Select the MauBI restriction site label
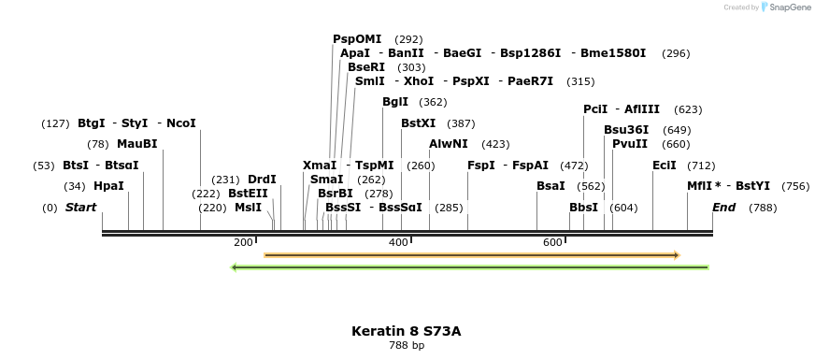click(137, 144)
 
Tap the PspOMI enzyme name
click(357, 39)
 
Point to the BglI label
click(395, 102)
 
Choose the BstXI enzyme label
click(418, 123)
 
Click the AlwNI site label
click(449, 144)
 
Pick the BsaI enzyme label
click(550, 186)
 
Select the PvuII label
click(630, 144)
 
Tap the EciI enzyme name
click(665, 166)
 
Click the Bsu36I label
click(626, 130)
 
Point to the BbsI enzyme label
click(583, 208)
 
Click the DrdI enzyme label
click(262, 180)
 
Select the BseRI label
click(366, 67)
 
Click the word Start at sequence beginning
click(80, 208)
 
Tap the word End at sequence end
click(723, 208)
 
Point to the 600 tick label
click(552, 243)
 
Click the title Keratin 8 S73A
click(407, 331)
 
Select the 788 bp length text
click(407, 346)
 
